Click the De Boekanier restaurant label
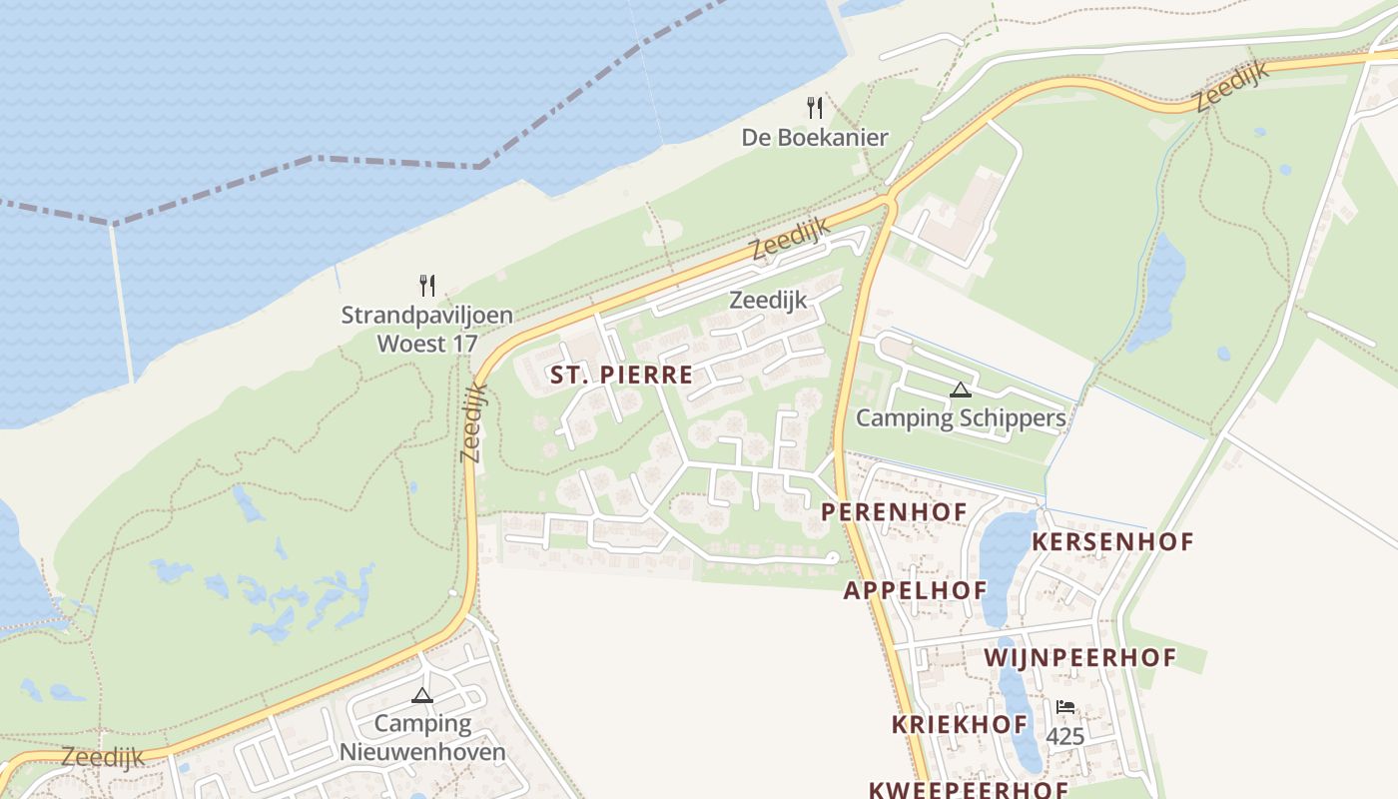click(814, 138)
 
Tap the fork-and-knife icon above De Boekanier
click(815, 107)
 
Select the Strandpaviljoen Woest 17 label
click(426, 329)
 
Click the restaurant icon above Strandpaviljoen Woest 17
click(427, 286)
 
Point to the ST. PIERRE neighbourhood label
click(621, 376)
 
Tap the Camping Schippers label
click(961, 417)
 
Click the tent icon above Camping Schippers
click(961, 390)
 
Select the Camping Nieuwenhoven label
click(422, 737)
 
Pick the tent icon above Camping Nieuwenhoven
click(422, 695)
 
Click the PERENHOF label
click(894, 512)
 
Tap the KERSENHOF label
click(1112, 542)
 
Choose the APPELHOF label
click(915, 590)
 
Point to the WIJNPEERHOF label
click(1079, 658)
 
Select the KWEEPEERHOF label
click(969, 789)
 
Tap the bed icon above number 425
click(1065, 707)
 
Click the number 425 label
click(1065, 737)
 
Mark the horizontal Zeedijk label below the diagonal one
click(768, 300)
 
